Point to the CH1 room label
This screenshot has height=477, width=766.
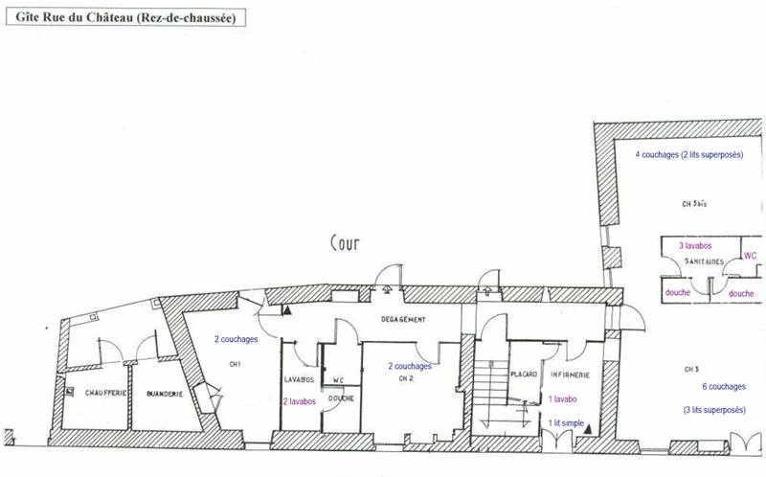coord(234,363)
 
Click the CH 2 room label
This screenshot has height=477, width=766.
coord(403,378)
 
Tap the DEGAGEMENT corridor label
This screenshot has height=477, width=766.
coord(403,319)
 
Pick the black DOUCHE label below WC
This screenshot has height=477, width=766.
coord(342,398)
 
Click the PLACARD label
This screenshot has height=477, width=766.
coord(523,375)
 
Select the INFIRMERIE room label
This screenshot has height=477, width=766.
coord(569,375)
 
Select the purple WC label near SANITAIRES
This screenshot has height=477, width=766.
coord(750,257)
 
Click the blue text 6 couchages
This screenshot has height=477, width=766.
coord(722,387)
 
